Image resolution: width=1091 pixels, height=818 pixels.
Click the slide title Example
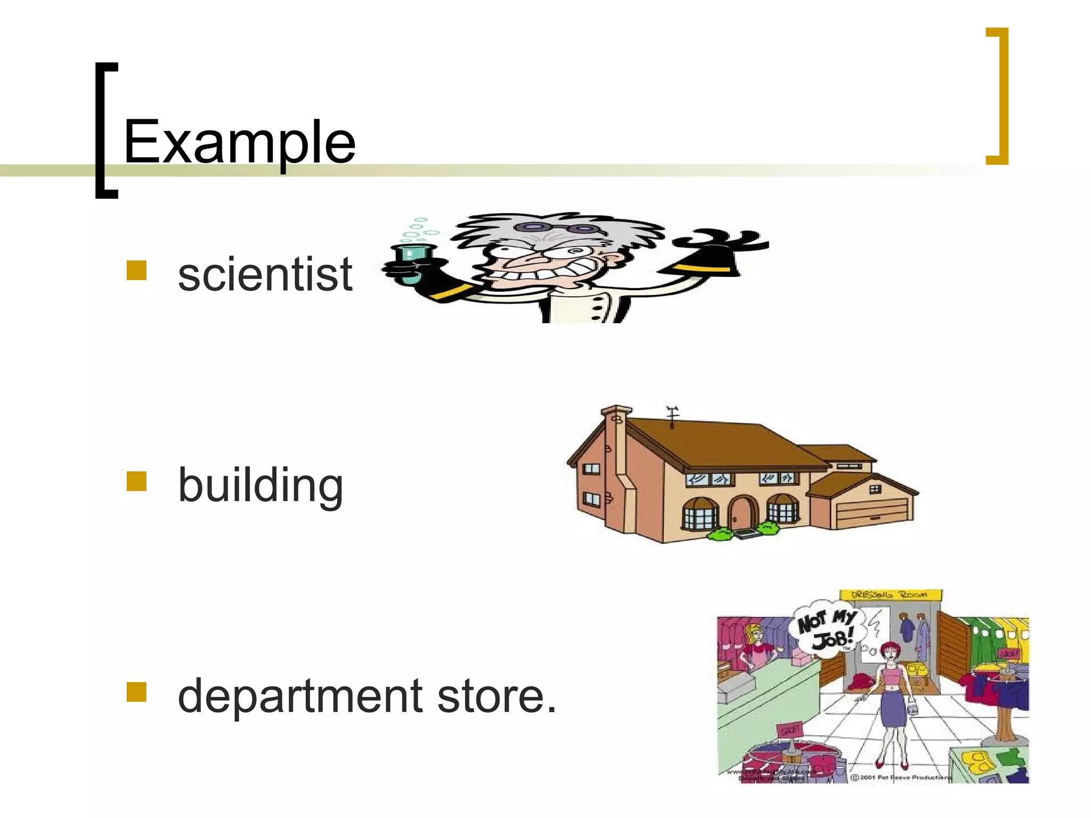click(x=239, y=143)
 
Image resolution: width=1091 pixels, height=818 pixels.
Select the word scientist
click(x=265, y=274)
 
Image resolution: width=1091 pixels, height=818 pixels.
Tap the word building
click(x=260, y=485)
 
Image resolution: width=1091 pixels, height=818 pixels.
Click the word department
click(x=300, y=696)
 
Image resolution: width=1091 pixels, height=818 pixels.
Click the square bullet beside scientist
click(x=136, y=271)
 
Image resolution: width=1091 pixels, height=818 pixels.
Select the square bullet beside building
click(x=136, y=481)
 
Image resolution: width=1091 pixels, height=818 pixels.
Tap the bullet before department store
click(x=136, y=692)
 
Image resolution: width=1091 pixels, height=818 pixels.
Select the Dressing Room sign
click(x=890, y=595)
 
